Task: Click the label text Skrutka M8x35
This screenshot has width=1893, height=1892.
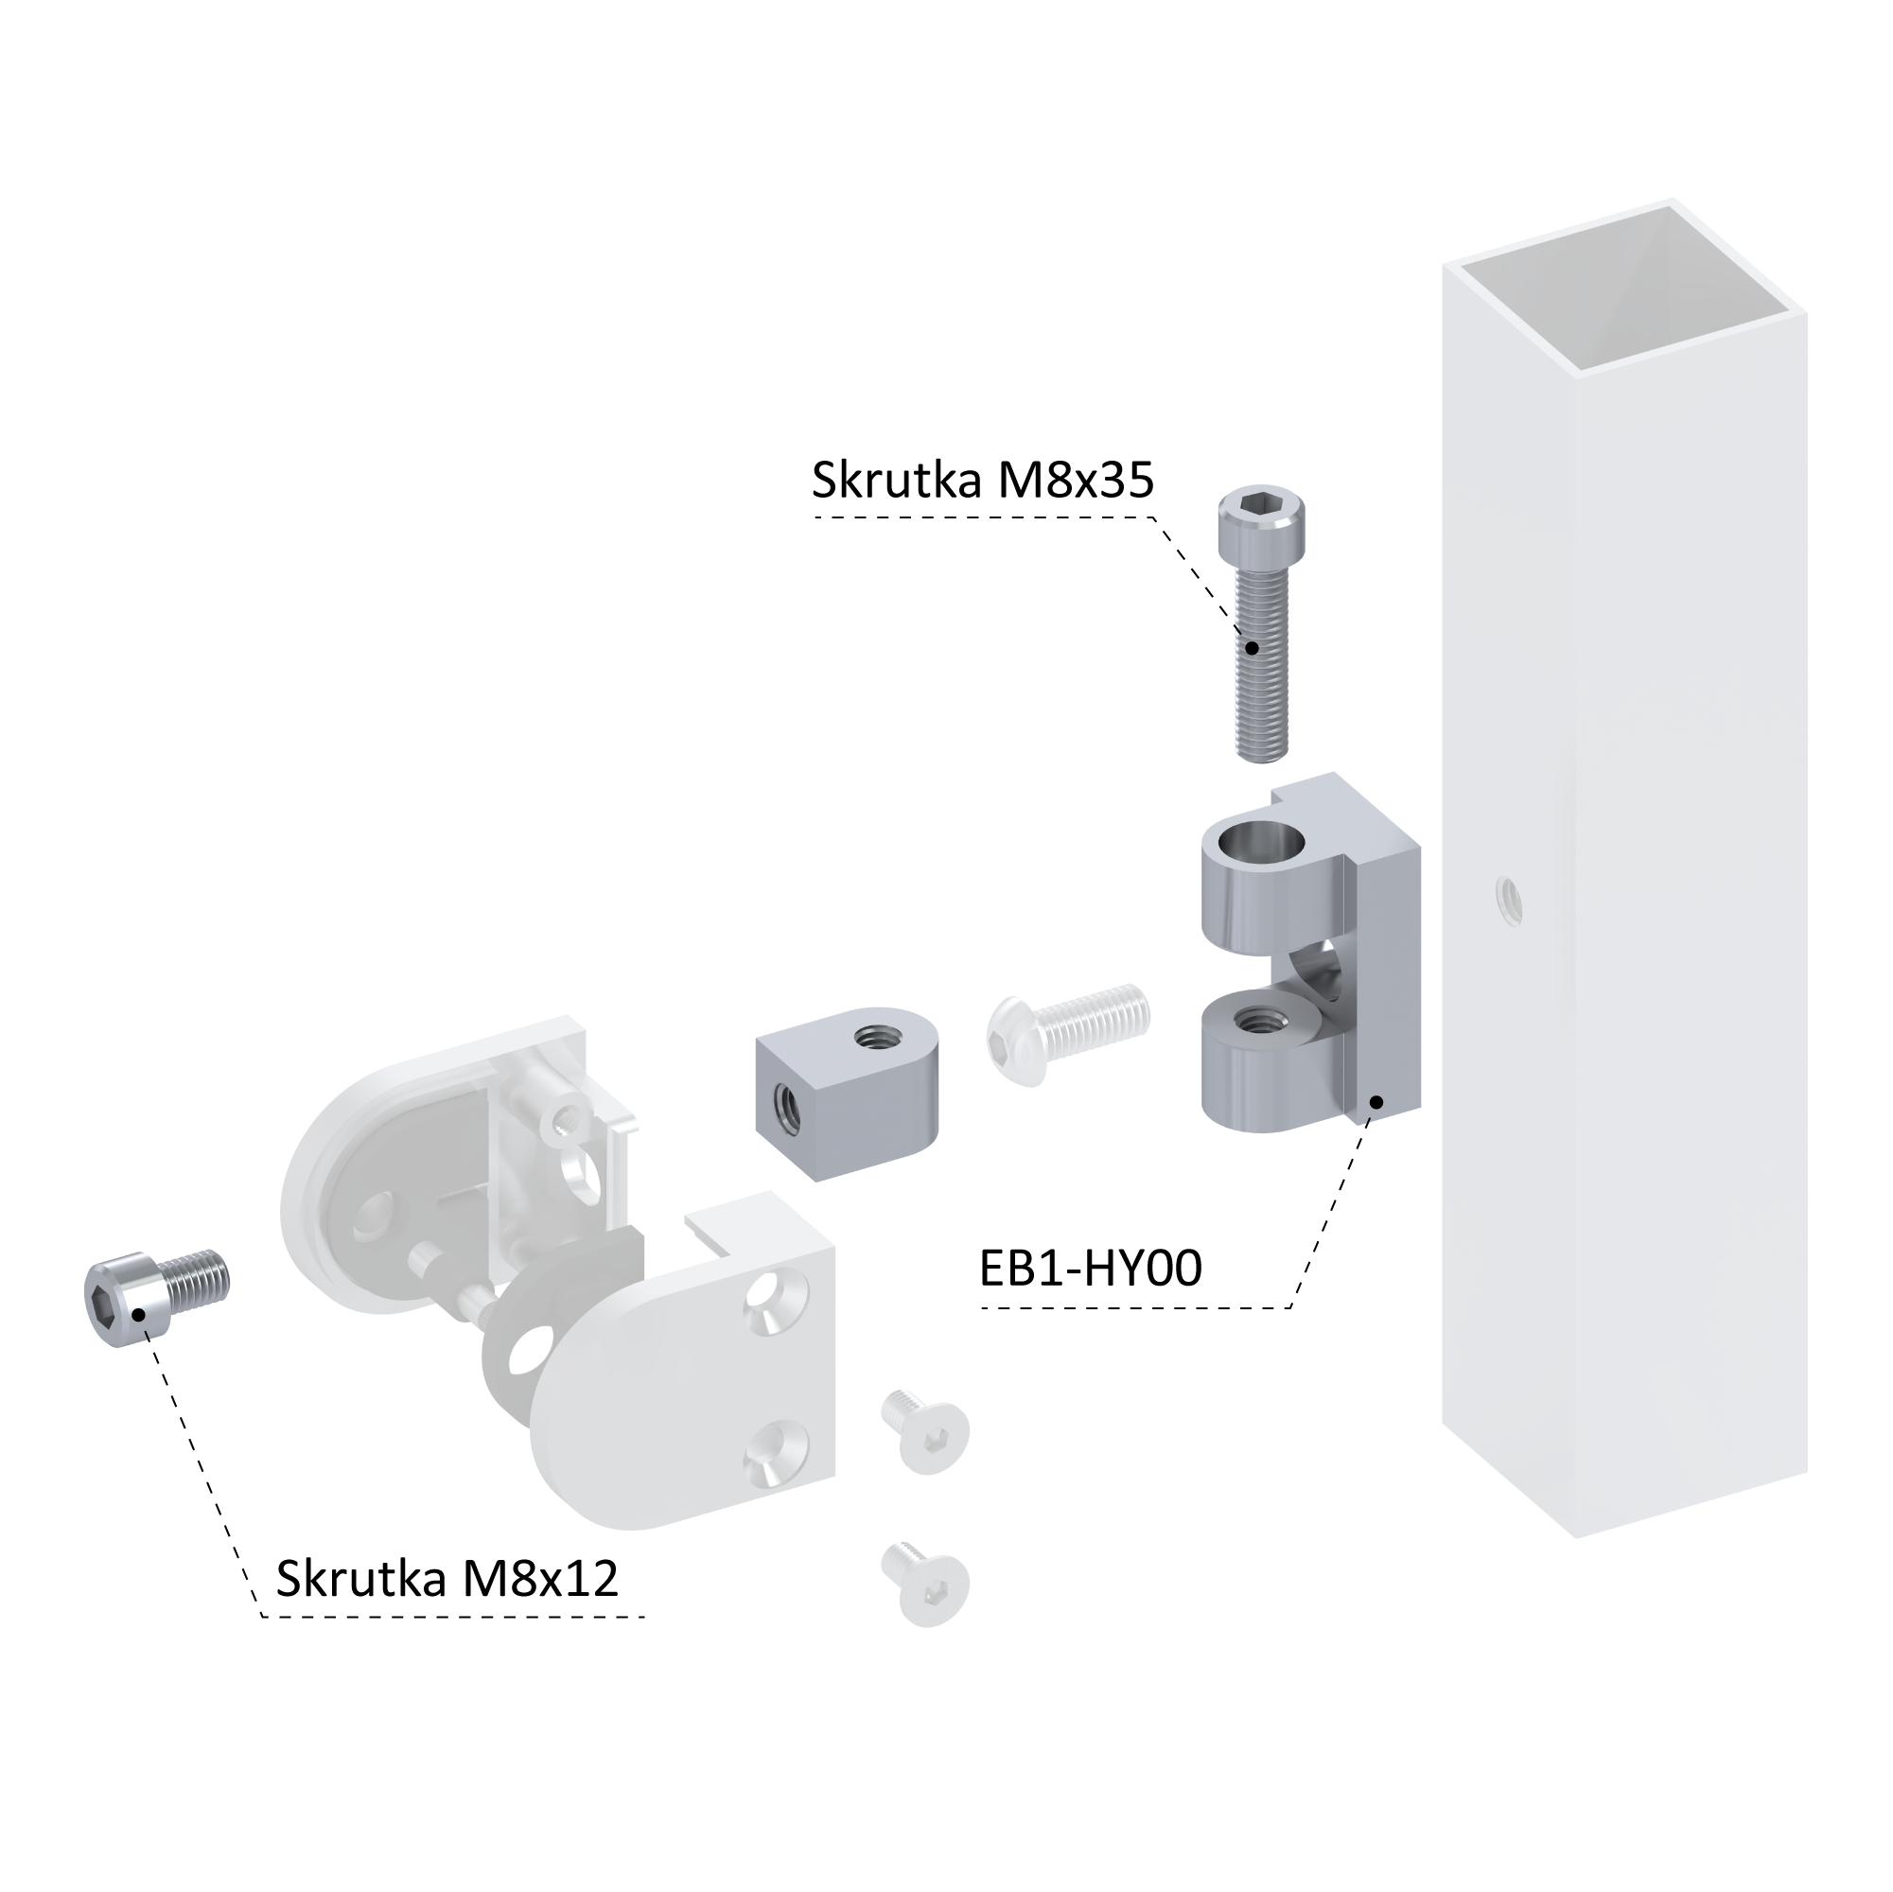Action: click(983, 482)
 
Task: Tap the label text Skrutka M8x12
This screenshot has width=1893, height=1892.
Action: click(447, 1579)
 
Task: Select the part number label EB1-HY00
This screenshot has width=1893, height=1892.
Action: click(1091, 1268)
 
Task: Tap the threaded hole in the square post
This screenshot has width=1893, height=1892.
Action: click(1508, 901)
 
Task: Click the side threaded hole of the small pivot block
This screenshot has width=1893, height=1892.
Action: click(788, 1104)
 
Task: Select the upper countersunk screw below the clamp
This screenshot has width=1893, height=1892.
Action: click(926, 1431)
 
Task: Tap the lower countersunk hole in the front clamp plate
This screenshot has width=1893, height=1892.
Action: click(776, 1451)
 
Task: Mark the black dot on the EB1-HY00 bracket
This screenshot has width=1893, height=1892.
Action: click(1376, 1102)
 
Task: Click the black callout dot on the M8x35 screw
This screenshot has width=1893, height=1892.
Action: click(1252, 648)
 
